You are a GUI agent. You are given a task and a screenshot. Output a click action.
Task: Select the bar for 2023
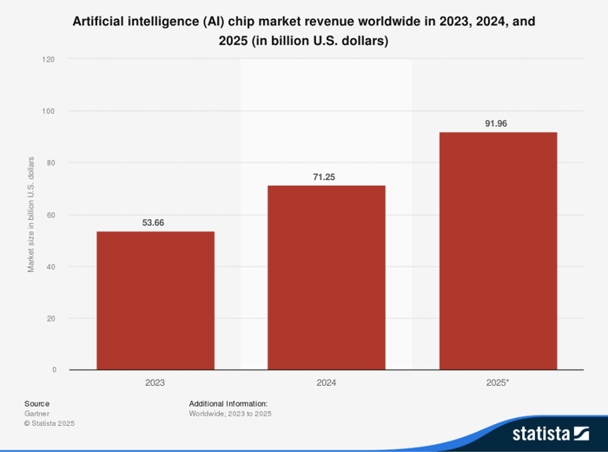coord(155,301)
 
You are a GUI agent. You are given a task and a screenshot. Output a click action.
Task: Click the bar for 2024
coord(327,277)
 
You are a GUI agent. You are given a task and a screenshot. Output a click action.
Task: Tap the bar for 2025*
coord(498,250)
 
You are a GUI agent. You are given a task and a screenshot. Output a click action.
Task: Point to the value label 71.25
coord(327,176)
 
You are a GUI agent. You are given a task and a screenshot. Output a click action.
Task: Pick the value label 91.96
coord(498,123)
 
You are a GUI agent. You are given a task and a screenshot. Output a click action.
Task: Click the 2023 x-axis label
coord(155,382)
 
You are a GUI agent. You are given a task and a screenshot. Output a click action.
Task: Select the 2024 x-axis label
coord(327,382)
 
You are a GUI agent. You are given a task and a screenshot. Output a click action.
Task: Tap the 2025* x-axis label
coord(498,382)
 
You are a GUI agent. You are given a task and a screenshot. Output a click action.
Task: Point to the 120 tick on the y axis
coord(49,59)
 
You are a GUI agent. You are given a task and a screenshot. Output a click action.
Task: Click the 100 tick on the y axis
coord(49,111)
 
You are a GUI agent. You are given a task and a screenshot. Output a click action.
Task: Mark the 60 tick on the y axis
coord(50,215)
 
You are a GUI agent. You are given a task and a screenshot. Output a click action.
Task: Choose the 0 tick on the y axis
coord(53,370)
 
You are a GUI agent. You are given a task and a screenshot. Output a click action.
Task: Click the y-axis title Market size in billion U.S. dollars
coord(31,215)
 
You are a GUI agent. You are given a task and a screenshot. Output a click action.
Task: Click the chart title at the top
coord(303,30)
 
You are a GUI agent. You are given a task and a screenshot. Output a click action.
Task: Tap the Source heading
coord(36,403)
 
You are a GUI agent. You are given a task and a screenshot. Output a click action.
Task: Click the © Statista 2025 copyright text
coord(50,423)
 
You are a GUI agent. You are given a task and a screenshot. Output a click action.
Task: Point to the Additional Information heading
coord(228,403)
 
